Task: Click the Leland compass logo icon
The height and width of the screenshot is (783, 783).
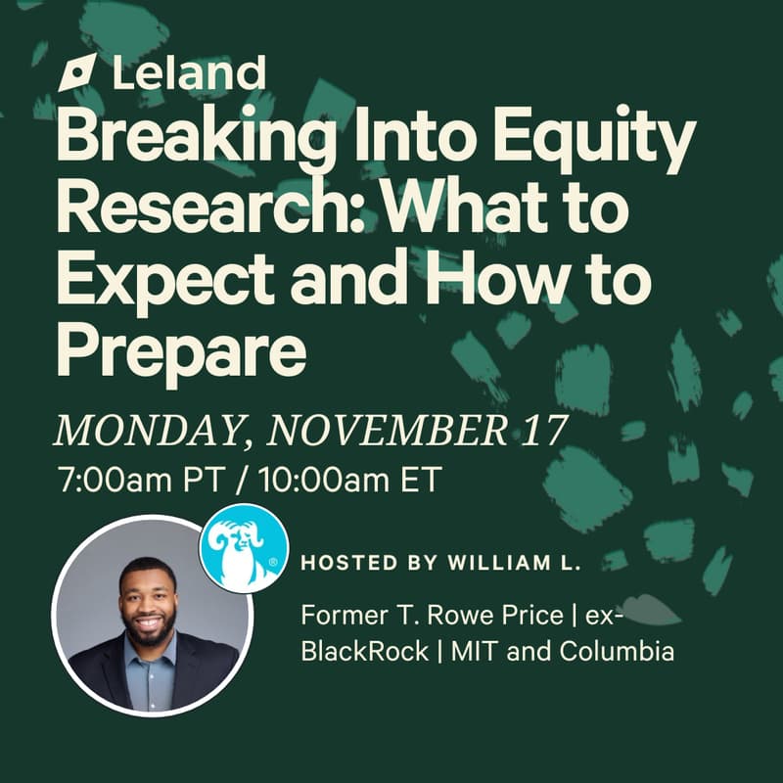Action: tap(76, 74)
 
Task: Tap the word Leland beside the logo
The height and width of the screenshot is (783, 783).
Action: tap(189, 73)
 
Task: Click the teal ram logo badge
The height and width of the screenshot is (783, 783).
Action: tap(243, 548)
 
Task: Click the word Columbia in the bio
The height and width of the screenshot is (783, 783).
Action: tap(617, 651)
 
